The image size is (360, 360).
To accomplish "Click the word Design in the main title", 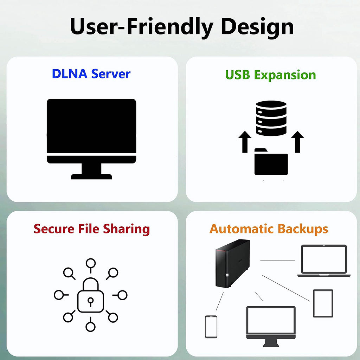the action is tap(257, 27).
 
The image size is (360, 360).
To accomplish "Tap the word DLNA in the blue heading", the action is tap(70, 74).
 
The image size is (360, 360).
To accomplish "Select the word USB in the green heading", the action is tap(237, 75).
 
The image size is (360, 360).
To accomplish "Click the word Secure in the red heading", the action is tap(54, 229).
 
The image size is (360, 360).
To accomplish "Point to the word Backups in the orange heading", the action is tap(303, 229).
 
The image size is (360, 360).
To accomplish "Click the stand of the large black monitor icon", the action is tap(91, 171).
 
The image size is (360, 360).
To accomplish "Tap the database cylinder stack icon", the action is tap(271, 118).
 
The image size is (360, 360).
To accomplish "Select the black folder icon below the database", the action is tap(271, 162).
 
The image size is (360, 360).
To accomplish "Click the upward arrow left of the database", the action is tap(245, 142).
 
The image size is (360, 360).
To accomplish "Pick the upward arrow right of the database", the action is tap(297, 142).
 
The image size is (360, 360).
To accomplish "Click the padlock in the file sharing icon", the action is tap(91, 295).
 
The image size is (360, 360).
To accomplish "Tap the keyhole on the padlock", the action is tap(91, 301).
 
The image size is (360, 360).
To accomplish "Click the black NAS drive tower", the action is tap(232, 263).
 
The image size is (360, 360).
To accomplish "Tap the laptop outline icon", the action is tap(324, 261).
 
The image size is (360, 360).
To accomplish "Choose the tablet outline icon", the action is tap(323, 303).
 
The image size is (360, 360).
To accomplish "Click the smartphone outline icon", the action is tap(211, 327).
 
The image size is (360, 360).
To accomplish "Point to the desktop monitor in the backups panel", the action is tap(271, 326).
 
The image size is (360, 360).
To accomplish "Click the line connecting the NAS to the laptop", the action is tap(278, 260).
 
